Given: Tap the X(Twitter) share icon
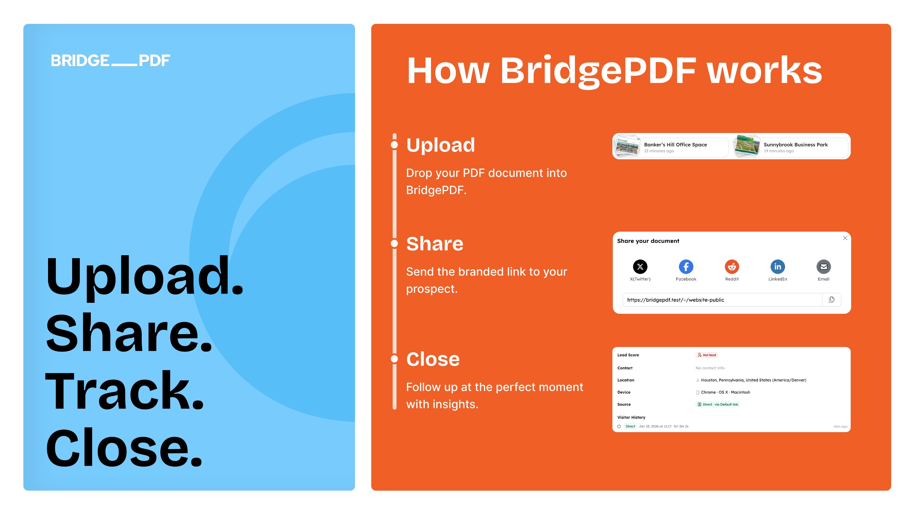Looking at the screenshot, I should pos(640,267).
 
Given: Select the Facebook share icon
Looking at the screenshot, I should pos(686,267).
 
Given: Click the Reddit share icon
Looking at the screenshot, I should pos(732,267).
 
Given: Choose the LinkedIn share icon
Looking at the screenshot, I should pos(778,267).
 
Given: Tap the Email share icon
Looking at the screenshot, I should pos(823,267).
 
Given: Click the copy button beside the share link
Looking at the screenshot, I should pos(832,300).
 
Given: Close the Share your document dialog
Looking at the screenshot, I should pos(845,238).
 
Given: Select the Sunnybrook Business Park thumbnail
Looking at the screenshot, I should pos(747,146).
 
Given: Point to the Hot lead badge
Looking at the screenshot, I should pos(707,355).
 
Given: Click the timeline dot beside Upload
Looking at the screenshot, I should pos(394,145).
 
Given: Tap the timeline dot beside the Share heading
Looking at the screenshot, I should pos(394,244).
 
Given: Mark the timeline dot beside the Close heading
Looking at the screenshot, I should pos(394,359).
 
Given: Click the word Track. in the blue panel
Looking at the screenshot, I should pos(124,391).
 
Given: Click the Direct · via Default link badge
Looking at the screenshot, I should pos(718,404).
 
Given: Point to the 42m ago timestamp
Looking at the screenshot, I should pos(840,426).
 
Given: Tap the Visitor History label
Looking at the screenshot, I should pos(631,417).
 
